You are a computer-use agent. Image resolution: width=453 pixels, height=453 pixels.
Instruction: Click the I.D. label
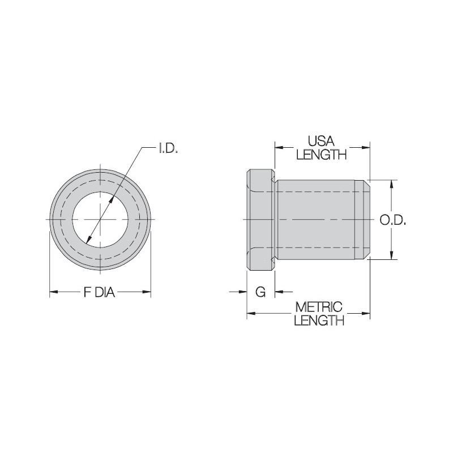[x=168, y=149]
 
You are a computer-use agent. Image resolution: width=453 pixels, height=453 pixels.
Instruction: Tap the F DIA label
[x=100, y=292]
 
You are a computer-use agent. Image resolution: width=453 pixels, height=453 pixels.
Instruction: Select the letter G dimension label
[x=260, y=292]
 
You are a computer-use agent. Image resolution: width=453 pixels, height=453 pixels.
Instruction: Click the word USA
[x=321, y=140]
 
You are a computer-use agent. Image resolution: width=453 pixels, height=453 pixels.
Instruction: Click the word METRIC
[x=320, y=307]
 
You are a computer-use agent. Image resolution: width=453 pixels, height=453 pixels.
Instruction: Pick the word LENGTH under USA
[x=321, y=154]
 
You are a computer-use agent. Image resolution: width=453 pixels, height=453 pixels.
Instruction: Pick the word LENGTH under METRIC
[x=320, y=321]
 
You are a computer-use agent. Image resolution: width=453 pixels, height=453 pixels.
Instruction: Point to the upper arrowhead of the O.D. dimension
[x=391, y=184]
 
